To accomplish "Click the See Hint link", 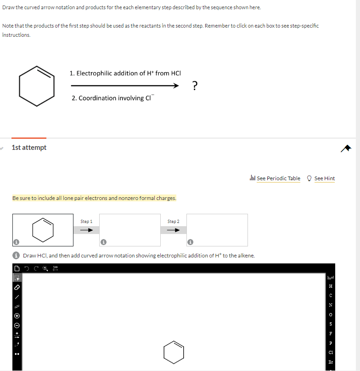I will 324,178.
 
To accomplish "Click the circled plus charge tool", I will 17,317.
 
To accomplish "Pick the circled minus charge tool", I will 17,326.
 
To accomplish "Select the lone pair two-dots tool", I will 17,355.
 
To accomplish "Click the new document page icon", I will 17,268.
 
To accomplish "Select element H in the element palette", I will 331,285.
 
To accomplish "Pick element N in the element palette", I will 331,305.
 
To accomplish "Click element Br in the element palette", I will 331,362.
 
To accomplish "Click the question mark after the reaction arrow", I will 195,86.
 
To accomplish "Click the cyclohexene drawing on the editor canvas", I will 174,352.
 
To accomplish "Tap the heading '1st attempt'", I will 29,148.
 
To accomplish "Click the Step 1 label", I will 86,222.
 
